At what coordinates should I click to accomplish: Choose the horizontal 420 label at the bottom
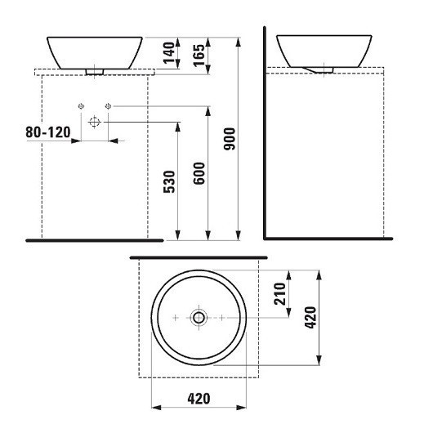click(x=199, y=399)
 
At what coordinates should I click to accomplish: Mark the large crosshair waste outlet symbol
click(x=94, y=121)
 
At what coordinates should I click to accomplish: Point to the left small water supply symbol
click(x=81, y=105)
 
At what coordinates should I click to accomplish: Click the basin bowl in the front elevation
click(x=95, y=51)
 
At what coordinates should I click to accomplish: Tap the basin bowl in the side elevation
click(x=326, y=51)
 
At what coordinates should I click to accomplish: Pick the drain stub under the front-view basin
click(x=95, y=72)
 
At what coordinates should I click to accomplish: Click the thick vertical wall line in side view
click(x=265, y=131)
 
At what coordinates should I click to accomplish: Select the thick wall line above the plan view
click(x=199, y=257)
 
